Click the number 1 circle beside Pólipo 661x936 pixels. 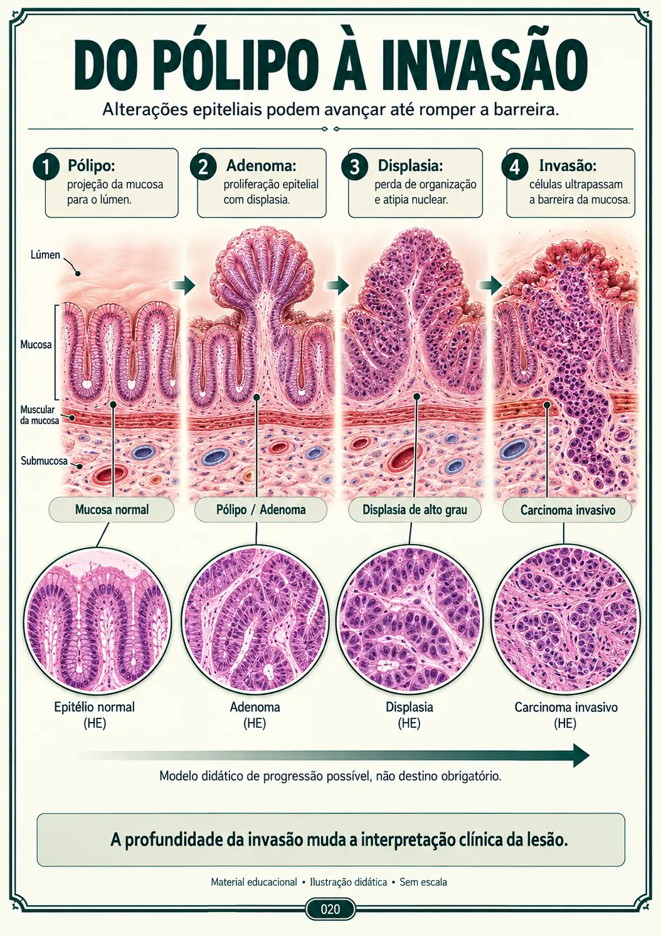click(46, 167)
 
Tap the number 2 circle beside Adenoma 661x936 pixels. click(203, 167)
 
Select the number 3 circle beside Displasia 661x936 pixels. click(354, 167)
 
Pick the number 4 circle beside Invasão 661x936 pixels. click(515, 167)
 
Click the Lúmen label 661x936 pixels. click(45, 255)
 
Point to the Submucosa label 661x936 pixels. click(44, 461)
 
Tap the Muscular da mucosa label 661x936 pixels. click(40, 415)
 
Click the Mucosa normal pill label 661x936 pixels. click(112, 510)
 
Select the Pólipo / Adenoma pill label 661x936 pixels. click(261, 510)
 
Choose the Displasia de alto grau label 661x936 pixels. click(415, 510)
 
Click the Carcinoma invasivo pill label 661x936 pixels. click(568, 510)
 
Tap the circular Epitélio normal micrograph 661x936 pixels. click(97, 620)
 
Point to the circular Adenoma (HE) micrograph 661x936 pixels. click(255, 620)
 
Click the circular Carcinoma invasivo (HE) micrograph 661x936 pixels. click(565, 620)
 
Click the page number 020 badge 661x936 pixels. click(330, 909)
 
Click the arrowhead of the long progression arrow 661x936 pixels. click(581, 755)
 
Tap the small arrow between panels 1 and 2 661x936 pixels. click(184, 285)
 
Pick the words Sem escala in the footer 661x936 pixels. click(423, 882)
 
